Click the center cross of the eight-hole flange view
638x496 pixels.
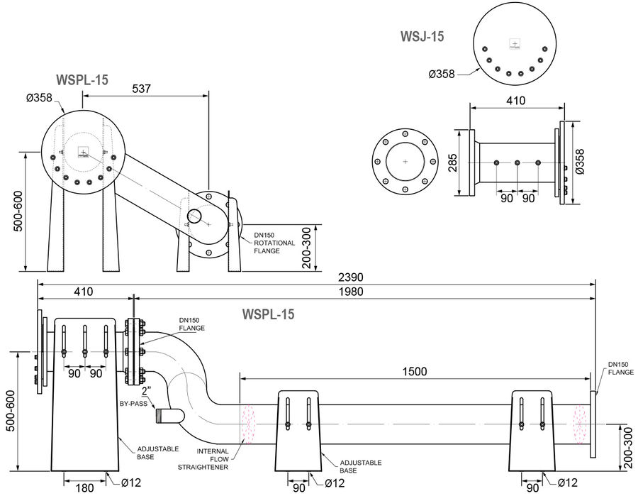(405, 162)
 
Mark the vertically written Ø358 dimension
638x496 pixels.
(581, 161)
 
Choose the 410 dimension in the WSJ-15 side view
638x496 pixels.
(515, 101)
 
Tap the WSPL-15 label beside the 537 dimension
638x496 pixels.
(82, 79)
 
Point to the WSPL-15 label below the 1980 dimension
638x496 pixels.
(268, 314)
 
